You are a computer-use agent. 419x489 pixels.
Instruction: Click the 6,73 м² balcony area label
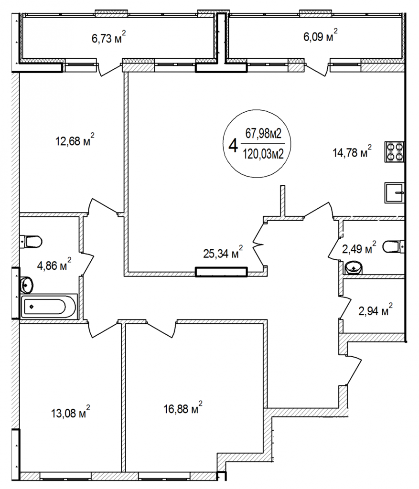(108, 38)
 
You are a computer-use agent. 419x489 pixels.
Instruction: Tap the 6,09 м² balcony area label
(321, 35)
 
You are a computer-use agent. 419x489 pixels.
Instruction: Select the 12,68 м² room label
(75, 140)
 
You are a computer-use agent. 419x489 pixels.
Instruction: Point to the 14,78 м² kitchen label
(352, 152)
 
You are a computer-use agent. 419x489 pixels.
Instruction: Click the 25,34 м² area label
(223, 252)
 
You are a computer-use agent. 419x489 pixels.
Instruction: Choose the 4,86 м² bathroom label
(54, 264)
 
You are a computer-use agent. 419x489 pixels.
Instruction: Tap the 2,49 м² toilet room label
(359, 248)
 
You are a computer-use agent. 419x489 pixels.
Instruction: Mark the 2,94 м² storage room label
(376, 310)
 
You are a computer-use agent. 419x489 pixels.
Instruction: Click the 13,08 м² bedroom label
(71, 412)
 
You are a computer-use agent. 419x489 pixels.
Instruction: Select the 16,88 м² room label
(183, 408)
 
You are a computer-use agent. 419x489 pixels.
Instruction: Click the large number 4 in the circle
(233, 145)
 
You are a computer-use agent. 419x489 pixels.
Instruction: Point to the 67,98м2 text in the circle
(263, 134)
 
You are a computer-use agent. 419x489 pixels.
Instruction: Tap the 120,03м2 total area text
(263, 154)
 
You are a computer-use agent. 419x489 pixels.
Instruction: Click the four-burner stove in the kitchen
(394, 152)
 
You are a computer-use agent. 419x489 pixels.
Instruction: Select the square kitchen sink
(394, 193)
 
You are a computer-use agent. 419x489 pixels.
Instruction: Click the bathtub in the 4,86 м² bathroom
(49, 306)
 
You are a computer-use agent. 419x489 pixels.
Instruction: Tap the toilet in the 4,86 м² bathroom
(31, 241)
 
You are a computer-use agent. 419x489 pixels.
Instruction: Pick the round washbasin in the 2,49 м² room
(354, 267)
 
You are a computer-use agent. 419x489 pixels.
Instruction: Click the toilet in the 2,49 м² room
(393, 247)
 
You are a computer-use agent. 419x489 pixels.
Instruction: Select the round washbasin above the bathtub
(27, 284)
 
